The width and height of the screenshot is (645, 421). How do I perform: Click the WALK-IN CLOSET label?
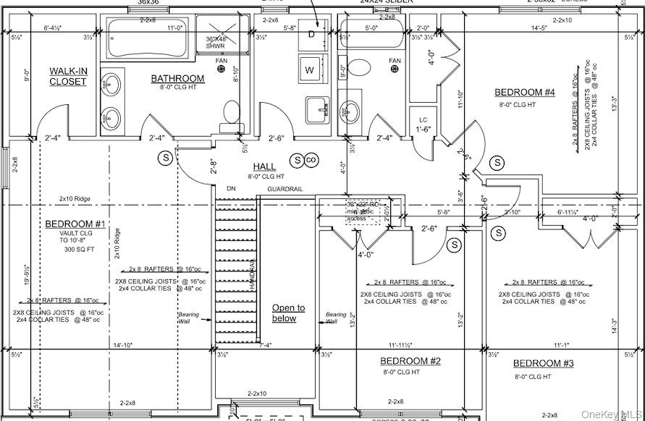[x=67, y=76]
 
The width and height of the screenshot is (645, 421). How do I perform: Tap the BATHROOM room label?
[x=177, y=78]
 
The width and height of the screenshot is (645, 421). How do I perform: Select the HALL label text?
[x=264, y=167]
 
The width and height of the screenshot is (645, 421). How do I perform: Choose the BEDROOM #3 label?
[x=543, y=363]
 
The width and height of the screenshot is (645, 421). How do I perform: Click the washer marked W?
[x=310, y=70]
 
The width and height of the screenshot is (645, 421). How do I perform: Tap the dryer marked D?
[x=311, y=35]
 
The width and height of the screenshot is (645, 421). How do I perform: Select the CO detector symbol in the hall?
[x=312, y=159]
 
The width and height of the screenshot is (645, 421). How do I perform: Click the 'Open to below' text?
[x=288, y=313]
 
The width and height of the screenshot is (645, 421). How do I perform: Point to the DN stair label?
[x=231, y=189]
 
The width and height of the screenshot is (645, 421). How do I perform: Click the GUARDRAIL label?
[x=285, y=189]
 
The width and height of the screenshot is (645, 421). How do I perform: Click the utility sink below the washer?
[x=318, y=110]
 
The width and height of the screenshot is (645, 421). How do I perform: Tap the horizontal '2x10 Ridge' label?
[x=77, y=197]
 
